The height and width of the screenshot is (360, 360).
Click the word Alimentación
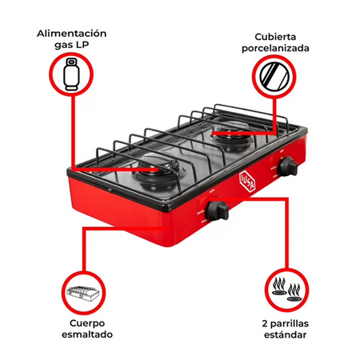[x=71, y=34]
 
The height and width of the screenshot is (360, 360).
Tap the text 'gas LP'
[x=71, y=45]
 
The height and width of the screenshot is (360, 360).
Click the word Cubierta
[x=275, y=37]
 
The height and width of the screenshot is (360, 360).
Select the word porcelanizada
[x=275, y=48]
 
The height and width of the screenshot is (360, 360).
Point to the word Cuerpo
[x=87, y=323]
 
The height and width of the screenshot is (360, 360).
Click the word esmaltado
[x=87, y=334]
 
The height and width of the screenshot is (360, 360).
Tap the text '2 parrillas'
[x=286, y=324]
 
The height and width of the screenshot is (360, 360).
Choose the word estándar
[x=286, y=335]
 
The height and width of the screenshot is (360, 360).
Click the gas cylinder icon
[x=71, y=74]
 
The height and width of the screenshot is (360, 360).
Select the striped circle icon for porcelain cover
[x=274, y=76]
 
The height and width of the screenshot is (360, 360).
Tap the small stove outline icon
[x=84, y=294]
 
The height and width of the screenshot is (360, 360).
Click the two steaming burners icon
[x=286, y=290]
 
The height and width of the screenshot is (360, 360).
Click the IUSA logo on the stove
[x=247, y=181]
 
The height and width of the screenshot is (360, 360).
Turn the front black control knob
[x=218, y=210]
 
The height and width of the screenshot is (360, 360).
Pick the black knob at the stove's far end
[x=288, y=166]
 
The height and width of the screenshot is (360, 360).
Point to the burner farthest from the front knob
[x=231, y=136]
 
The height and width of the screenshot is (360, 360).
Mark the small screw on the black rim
[x=110, y=190]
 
